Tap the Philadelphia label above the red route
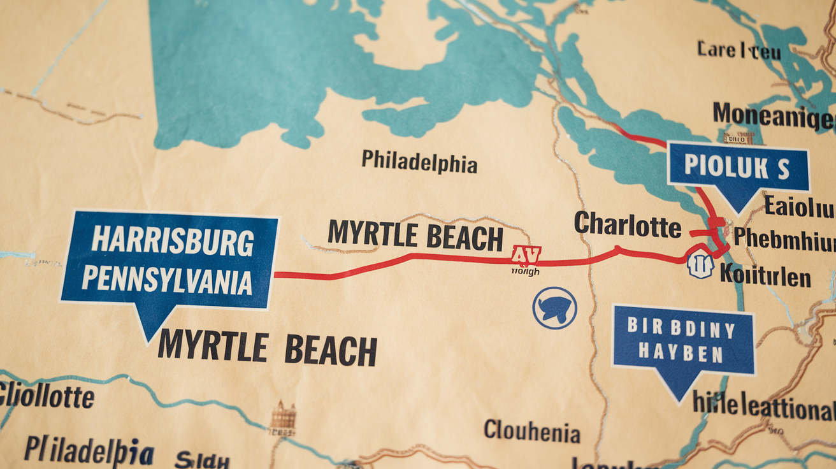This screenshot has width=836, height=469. click(419, 162)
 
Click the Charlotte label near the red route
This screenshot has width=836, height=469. click(627, 224)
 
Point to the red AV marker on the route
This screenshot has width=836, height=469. click(526, 256)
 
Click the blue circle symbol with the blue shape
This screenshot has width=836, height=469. click(554, 308)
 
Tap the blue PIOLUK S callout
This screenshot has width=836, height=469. click(737, 168)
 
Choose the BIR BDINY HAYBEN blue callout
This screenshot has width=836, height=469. click(682, 340)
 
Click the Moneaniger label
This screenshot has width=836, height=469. click(772, 115)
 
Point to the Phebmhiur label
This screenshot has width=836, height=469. click(784, 237)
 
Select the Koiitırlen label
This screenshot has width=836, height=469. click(765, 277)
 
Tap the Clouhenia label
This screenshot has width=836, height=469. click(531, 431)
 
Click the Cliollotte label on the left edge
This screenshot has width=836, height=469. click(46, 396)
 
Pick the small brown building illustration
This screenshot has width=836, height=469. click(283, 418)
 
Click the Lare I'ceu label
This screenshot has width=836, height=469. click(738, 50)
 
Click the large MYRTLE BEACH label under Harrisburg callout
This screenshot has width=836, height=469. click(267, 348)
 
